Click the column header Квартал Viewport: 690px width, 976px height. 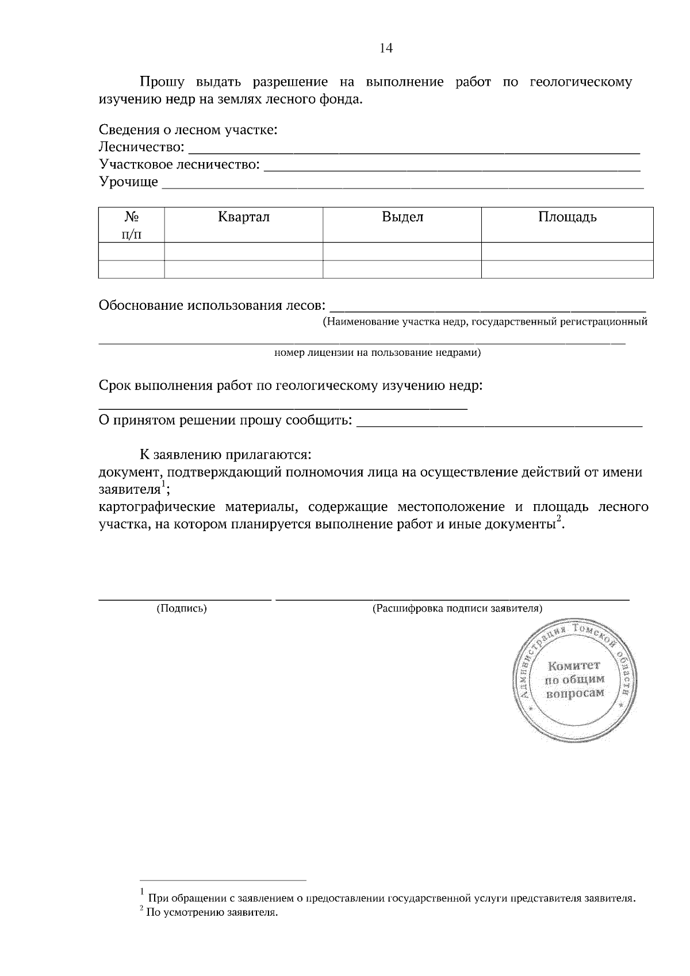[x=243, y=217]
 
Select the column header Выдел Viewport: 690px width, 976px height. [x=402, y=217]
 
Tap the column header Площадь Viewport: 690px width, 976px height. [x=567, y=217]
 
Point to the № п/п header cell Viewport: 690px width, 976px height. [x=132, y=225]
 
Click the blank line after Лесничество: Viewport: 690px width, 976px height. [x=414, y=151]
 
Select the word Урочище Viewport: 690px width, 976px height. [x=128, y=182]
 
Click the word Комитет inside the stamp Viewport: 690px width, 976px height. [x=574, y=666]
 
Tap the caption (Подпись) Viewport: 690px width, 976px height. [x=182, y=608]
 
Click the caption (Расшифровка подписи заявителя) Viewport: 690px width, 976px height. [x=458, y=608]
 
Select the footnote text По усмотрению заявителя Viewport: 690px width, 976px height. [x=212, y=912]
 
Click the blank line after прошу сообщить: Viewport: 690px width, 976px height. [x=499, y=424]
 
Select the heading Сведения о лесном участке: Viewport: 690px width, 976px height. [x=188, y=129]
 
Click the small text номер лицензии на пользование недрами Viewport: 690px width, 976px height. [x=377, y=352]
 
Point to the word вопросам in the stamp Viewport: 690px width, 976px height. [x=575, y=693]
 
